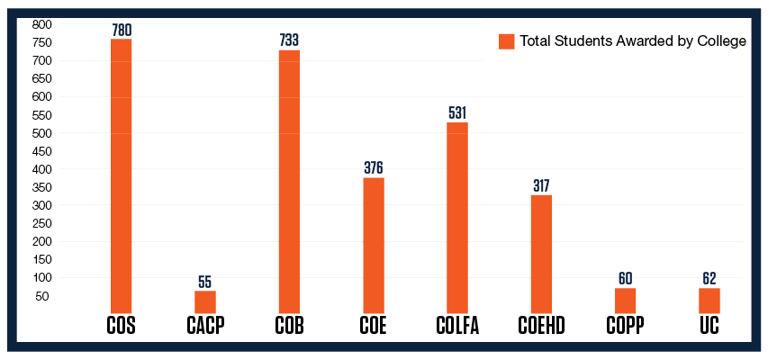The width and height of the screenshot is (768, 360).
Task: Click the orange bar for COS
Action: pyautogui.click(x=121, y=175)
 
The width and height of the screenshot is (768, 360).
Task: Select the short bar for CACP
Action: pyautogui.click(x=205, y=301)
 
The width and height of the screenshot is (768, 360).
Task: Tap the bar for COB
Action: pyautogui.click(x=289, y=181)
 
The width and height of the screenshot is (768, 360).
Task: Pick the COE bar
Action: pyautogui.click(x=374, y=245)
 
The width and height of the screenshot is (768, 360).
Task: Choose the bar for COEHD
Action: pyautogui.click(x=541, y=254)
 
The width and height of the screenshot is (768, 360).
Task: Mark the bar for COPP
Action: pyautogui.click(x=625, y=301)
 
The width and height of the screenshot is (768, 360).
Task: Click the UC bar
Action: pyautogui.click(x=709, y=301)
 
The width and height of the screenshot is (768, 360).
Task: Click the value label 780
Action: pyautogui.click(x=121, y=30)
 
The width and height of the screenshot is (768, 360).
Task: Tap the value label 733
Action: pyautogui.click(x=289, y=40)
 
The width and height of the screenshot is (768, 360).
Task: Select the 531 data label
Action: pyautogui.click(x=457, y=113)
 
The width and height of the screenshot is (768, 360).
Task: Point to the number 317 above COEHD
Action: pyautogui.click(x=541, y=185)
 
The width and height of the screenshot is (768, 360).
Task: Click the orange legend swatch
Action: pyautogui.click(x=506, y=41)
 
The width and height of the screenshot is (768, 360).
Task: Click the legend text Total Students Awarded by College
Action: pyautogui.click(x=633, y=41)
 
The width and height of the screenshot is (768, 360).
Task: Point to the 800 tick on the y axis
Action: pyautogui.click(x=42, y=24)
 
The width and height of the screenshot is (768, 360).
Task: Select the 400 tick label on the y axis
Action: pyautogui.click(x=42, y=169)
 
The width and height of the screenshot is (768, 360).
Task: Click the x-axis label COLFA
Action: pyautogui.click(x=457, y=326)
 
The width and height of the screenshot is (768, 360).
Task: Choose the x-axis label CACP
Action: pyautogui.click(x=205, y=326)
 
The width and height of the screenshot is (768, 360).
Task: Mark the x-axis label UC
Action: pyautogui.click(x=709, y=326)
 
